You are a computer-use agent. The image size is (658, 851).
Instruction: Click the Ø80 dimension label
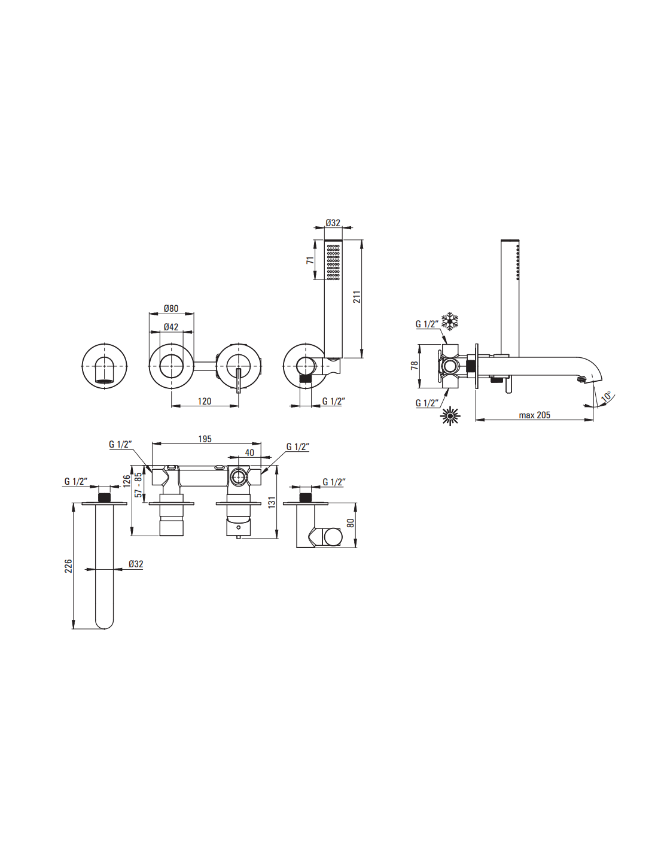point(171,308)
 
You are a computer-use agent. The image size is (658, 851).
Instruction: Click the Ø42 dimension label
point(171,327)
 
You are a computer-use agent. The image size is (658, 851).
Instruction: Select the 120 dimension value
point(205,401)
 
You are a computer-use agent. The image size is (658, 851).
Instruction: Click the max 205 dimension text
point(534,415)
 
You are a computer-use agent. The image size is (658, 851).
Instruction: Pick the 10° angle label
point(606,396)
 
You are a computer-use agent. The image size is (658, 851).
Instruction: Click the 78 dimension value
point(415,366)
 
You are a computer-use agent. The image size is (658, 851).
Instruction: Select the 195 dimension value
point(205,439)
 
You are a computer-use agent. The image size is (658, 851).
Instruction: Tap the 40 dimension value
point(249,452)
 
